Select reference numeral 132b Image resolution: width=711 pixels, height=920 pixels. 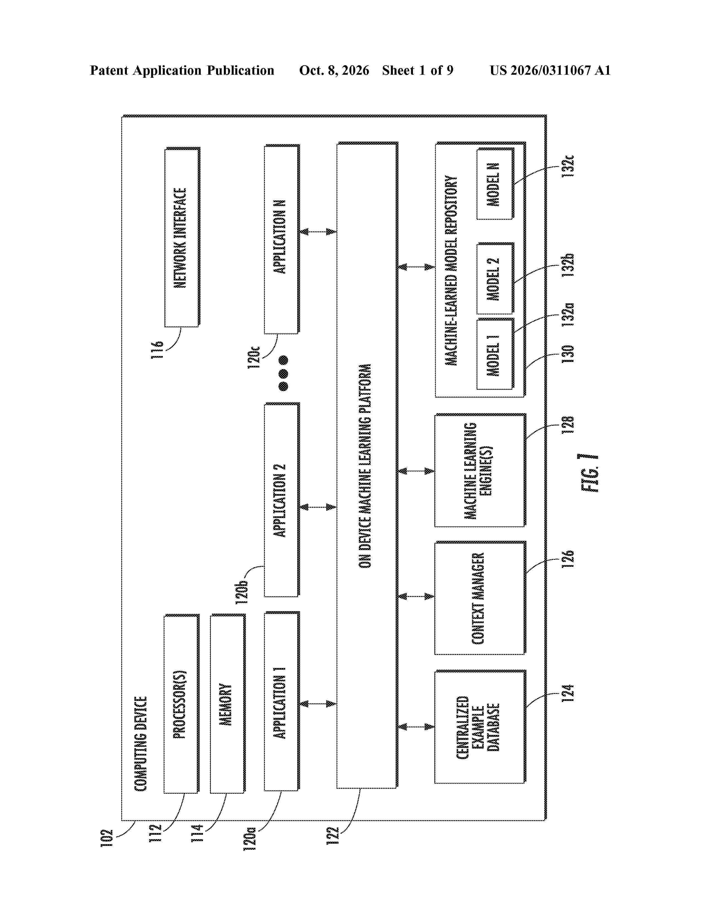pyautogui.click(x=568, y=265)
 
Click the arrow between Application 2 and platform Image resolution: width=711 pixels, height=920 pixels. pyautogui.click(x=318, y=507)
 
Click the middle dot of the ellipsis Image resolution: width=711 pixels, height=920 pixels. pyautogui.click(x=283, y=374)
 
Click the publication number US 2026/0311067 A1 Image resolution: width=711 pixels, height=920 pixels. pyautogui.click(x=550, y=70)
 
